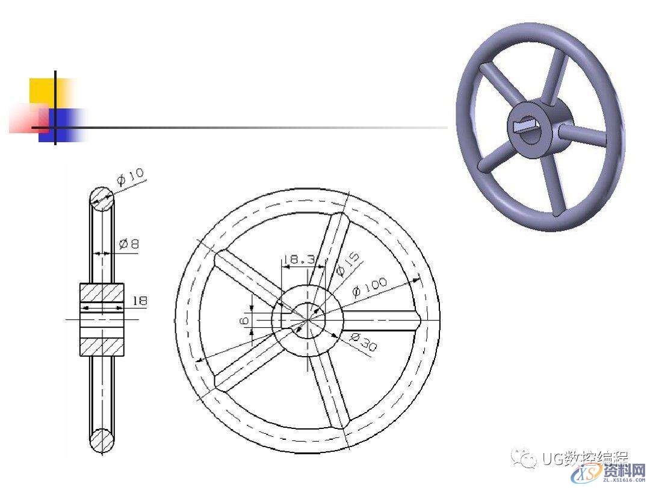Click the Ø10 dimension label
click(131, 177)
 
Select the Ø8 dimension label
click(129, 244)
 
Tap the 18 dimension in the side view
click(140, 300)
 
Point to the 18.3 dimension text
click(299, 260)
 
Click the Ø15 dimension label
click(348, 264)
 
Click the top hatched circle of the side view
click(102, 198)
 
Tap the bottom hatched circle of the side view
click(102, 440)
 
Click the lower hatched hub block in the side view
click(102, 346)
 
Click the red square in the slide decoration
click(27, 118)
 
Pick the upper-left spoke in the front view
click(247, 278)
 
